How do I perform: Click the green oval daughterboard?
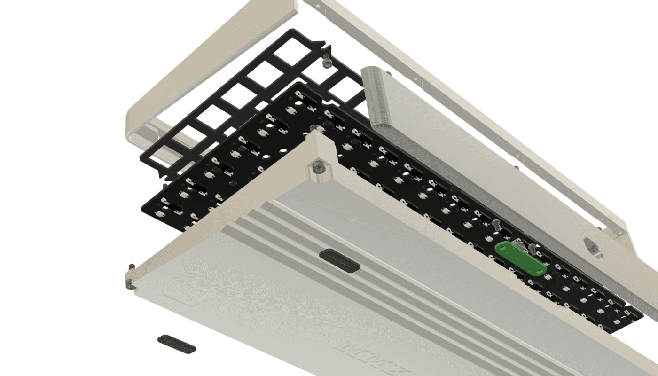(x=520, y=258)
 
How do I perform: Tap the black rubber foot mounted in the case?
(x=339, y=260)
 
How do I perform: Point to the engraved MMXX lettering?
(x=376, y=359)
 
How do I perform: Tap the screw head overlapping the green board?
(x=497, y=225)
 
